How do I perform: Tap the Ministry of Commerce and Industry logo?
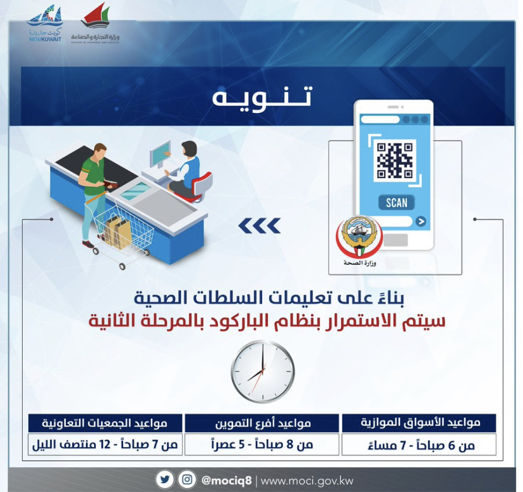pos(95,23)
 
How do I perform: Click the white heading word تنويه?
pos(262,97)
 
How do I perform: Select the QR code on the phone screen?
pos(395,160)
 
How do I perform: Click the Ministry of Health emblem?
pos(359,238)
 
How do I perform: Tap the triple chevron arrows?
pos(260,226)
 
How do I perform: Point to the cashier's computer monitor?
pos(160,154)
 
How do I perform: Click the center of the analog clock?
pos(263,372)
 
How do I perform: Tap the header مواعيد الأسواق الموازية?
pos(419,423)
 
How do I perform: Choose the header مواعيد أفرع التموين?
pos(262,423)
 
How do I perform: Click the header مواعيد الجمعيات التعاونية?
pos(105,423)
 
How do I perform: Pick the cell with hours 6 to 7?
pos(419,445)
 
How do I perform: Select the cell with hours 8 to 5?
pos(262,444)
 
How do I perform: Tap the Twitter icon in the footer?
pos(165,480)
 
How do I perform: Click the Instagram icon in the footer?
pos(187,480)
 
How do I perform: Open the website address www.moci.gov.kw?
pos(307,481)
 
